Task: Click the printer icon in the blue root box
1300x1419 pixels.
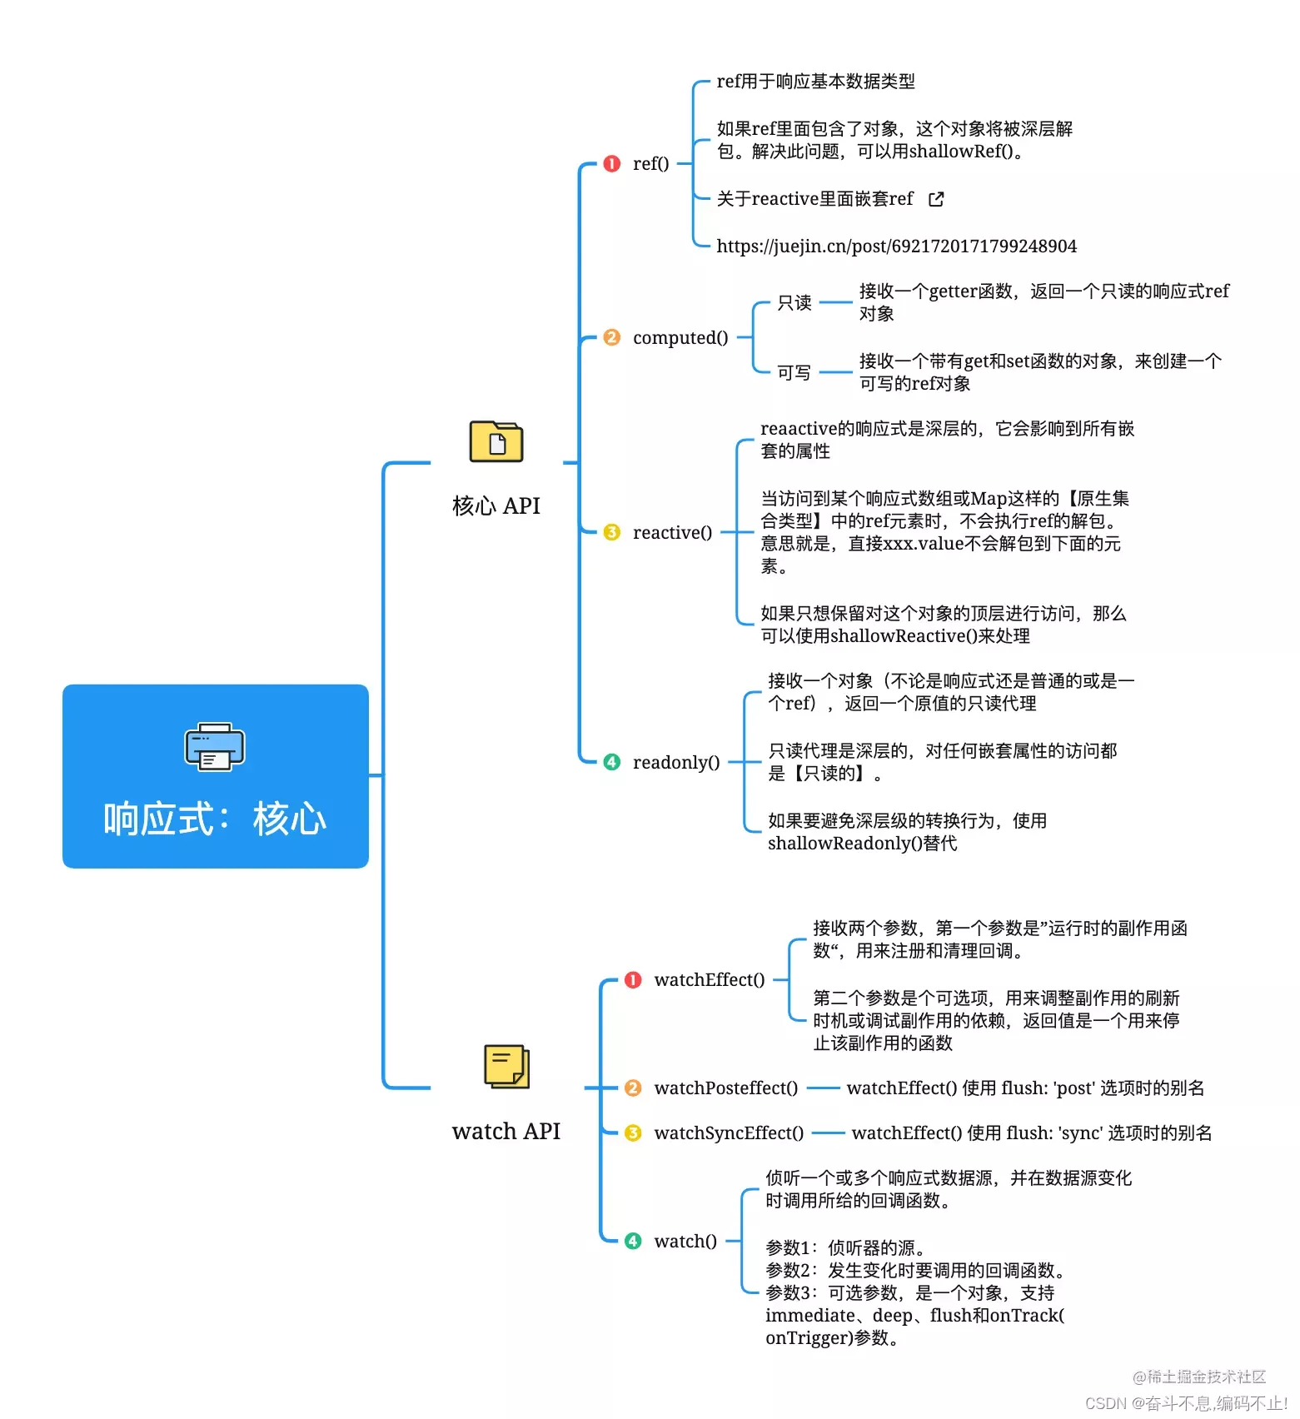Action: pos(214,746)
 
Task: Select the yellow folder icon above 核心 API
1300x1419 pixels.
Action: pos(496,441)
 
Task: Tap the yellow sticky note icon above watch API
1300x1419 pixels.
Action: pos(506,1066)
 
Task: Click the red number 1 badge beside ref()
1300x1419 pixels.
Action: pos(611,164)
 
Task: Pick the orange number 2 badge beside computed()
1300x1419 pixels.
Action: pos(611,337)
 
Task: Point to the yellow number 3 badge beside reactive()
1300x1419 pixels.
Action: pos(611,532)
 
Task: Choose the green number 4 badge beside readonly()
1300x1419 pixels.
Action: pos(611,762)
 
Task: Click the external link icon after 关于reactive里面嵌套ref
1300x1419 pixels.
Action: pos(936,199)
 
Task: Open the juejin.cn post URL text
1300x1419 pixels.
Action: pos(896,246)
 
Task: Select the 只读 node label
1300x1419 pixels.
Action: pos(794,302)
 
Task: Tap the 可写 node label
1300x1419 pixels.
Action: pos(794,372)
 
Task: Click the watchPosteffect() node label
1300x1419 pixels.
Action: pos(725,1088)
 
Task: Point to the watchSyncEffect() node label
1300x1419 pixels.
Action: pos(729,1133)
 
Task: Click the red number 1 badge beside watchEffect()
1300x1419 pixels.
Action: pos(633,980)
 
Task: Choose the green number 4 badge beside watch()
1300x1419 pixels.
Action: pos(633,1241)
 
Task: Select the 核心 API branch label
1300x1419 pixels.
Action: pos(496,505)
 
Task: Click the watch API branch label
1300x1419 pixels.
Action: pos(506,1131)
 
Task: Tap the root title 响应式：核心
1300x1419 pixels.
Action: pos(215,819)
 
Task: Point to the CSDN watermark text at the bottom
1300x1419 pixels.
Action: pos(1186,1403)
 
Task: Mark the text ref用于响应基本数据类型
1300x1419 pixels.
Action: pos(815,82)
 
